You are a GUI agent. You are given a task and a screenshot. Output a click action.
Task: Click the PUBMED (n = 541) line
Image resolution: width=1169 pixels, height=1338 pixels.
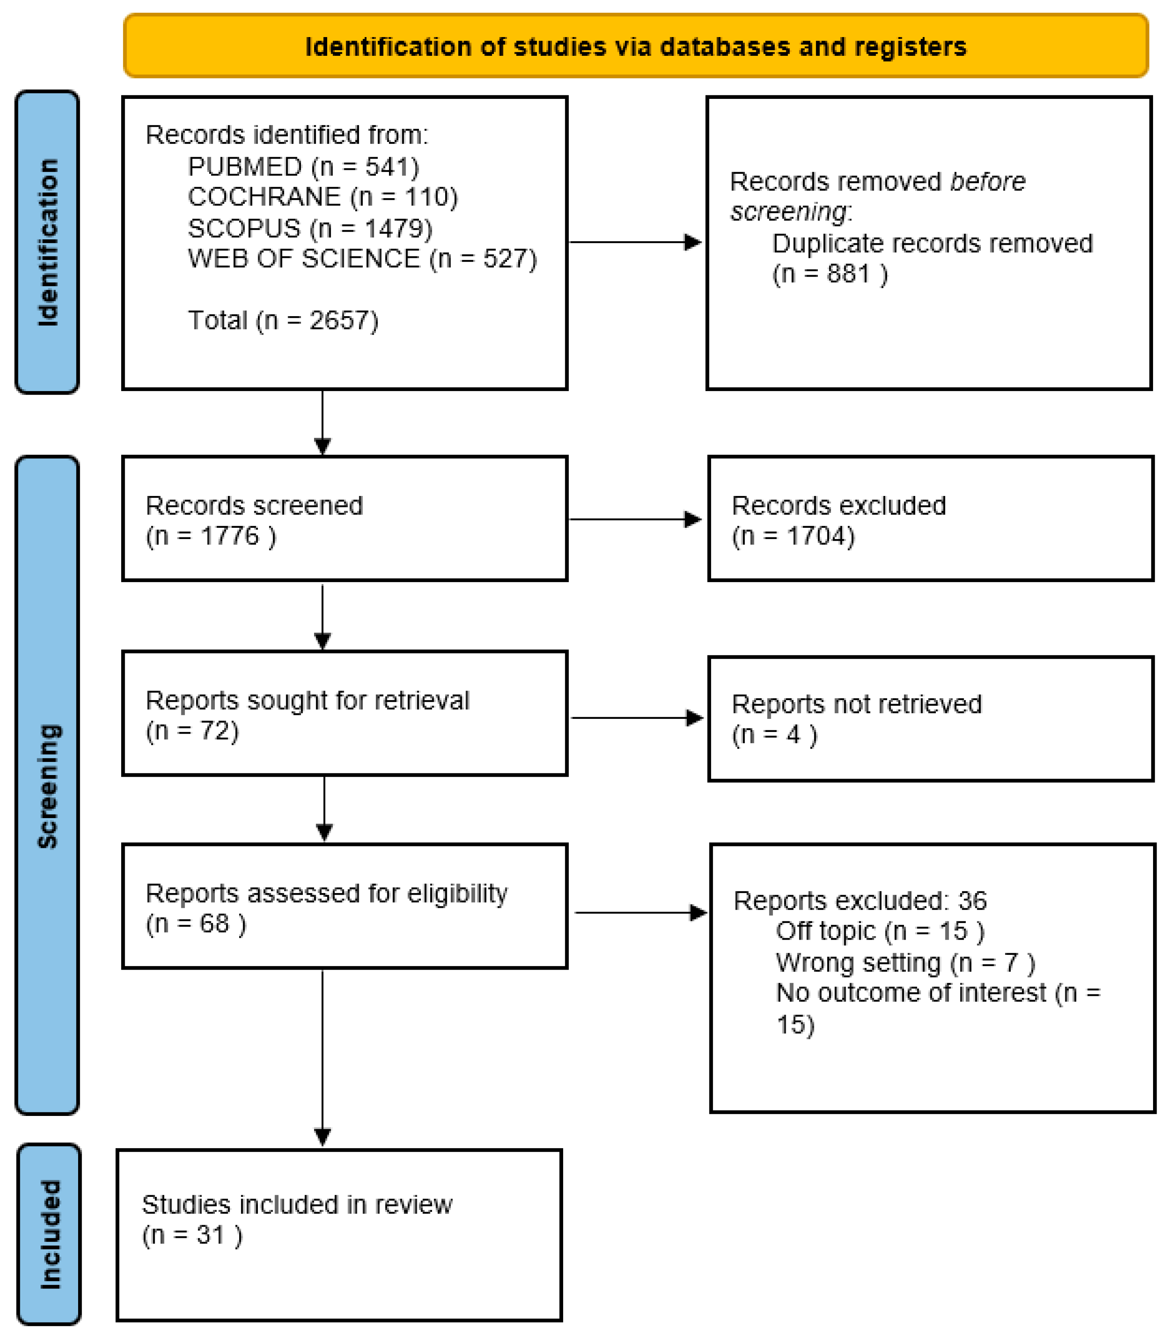[x=303, y=167]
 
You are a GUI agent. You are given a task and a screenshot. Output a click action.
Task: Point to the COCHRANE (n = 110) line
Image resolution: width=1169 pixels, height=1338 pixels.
[x=323, y=197]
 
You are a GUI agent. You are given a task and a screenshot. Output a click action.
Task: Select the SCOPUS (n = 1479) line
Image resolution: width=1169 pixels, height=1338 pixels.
[x=310, y=228]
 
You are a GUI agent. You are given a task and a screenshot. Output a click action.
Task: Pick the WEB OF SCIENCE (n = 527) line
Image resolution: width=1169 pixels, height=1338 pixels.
[x=362, y=259]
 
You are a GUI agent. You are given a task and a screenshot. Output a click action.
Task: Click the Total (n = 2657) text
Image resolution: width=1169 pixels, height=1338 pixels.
[x=283, y=320]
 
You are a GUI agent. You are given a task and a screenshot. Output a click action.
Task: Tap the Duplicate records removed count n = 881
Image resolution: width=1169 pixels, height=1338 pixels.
[x=830, y=274]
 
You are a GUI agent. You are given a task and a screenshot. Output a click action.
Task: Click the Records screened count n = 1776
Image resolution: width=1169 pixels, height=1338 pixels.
[x=211, y=536]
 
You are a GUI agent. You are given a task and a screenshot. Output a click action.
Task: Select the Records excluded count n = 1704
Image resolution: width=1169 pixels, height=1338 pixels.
[x=793, y=536]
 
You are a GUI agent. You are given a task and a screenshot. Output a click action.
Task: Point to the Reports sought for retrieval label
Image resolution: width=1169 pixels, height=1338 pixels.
[x=307, y=700]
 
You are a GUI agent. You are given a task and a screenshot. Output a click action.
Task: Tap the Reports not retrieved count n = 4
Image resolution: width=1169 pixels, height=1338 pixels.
[x=774, y=734]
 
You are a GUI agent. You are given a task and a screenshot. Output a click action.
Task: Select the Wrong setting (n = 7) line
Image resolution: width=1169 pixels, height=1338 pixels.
[x=905, y=962]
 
